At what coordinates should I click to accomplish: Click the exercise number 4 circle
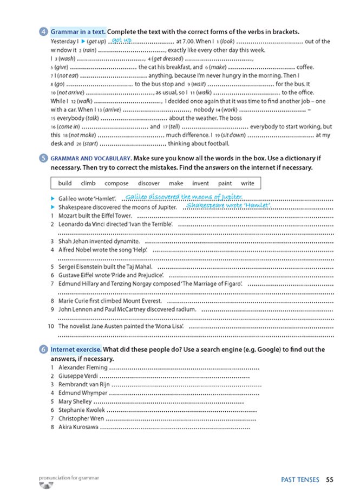tap(43, 32)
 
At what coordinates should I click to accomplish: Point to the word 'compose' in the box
tap(116, 184)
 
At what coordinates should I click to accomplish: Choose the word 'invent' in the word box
tap(200, 184)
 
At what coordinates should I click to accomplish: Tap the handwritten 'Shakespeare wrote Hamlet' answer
tap(228, 205)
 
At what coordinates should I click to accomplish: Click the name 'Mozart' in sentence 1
tap(68, 216)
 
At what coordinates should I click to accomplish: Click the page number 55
tap(330, 479)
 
